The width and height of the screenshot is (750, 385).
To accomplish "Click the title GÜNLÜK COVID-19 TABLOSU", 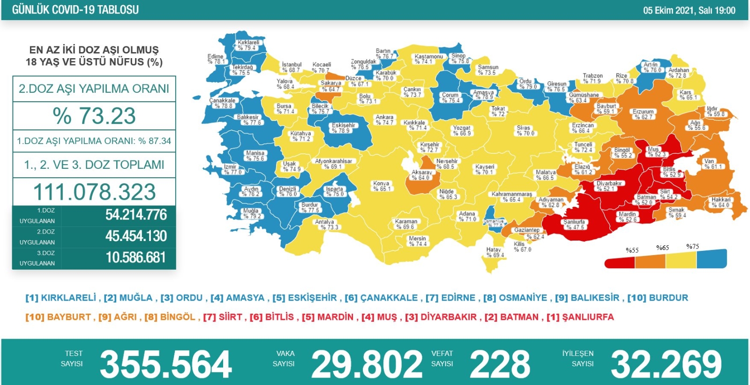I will tap(75, 10).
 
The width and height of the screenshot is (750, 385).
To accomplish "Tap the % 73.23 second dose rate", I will tap(94, 116).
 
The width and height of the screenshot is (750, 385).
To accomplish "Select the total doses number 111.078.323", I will tap(94, 192).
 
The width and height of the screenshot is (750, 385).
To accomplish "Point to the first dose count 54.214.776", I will tap(136, 215).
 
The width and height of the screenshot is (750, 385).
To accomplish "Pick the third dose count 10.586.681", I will tap(135, 257).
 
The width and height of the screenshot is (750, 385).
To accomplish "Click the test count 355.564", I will tap(166, 364).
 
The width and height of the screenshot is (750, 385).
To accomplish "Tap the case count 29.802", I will tap(367, 364).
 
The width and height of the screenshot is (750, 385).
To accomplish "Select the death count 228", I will tap(500, 364).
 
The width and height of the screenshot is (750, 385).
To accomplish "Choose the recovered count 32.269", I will tap(666, 364).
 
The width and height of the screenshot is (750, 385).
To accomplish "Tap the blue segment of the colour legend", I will tap(711, 259).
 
